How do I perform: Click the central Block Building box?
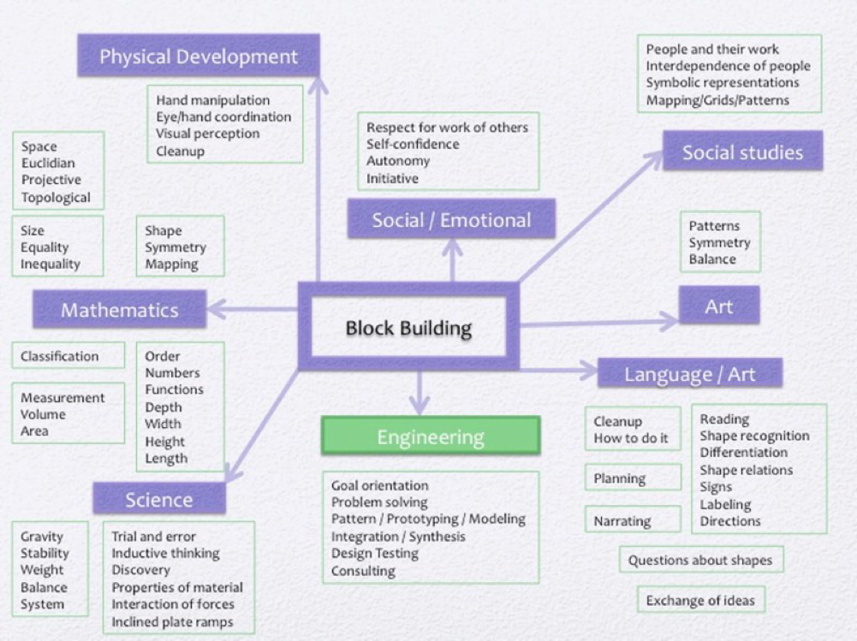[408, 327]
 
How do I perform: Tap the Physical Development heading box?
[199, 56]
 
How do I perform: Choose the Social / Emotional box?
[451, 220]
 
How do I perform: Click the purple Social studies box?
[742, 152]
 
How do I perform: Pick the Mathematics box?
[119, 310]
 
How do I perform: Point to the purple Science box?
[159, 499]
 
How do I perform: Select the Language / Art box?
[689, 374]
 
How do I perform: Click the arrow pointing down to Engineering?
[419, 395]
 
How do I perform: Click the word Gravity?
[42, 537]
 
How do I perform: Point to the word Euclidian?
[48, 163]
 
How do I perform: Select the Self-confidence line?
[413, 144]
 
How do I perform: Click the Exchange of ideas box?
[700, 600]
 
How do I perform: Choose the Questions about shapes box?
[700, 561]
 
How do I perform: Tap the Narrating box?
[622, 520]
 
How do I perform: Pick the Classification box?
[60, 356]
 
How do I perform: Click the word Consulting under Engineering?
[363, 571]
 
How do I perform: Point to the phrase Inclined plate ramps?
[172, 621]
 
